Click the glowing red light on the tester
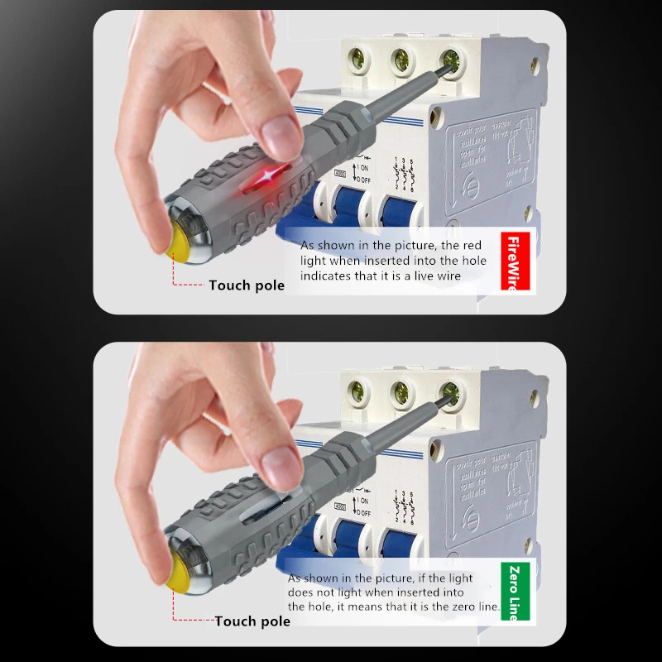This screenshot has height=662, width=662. coord(266,175)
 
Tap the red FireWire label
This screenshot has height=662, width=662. coord(517,260)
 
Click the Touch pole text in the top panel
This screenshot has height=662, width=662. coord(247,285)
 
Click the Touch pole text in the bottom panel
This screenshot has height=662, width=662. coord(252,621)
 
